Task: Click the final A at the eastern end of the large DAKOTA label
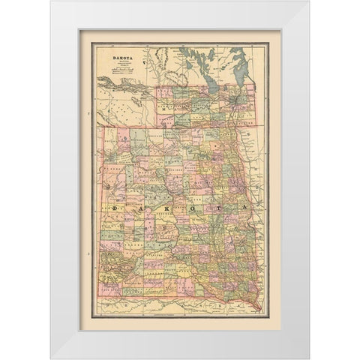pyautogui.click(x=241, y=205)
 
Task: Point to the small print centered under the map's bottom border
pyautogui.click(x=180, y=302)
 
